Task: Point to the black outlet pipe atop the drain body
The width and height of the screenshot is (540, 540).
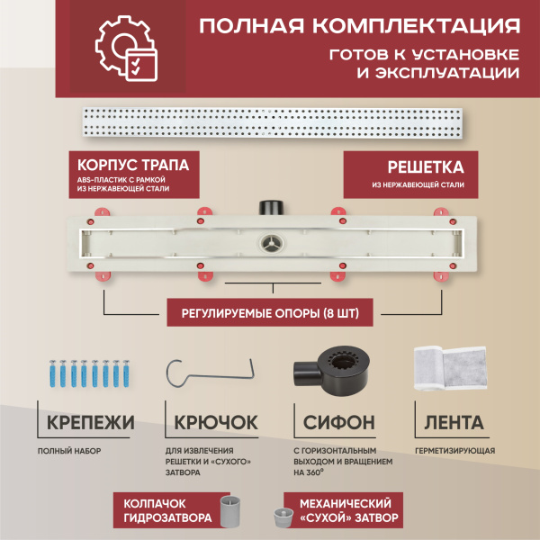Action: [x=271, y=207]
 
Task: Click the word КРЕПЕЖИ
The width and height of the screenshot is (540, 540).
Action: [x=87, y=422]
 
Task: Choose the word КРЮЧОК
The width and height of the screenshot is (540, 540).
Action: [x=215, y=422]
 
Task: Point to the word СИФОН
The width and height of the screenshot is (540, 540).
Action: [x=339, y=422]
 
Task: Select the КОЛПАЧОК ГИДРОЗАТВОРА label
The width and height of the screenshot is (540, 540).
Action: [x=166, y=511]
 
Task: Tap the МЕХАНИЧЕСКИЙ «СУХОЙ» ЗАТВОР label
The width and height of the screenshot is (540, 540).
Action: [x=343, y=511]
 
